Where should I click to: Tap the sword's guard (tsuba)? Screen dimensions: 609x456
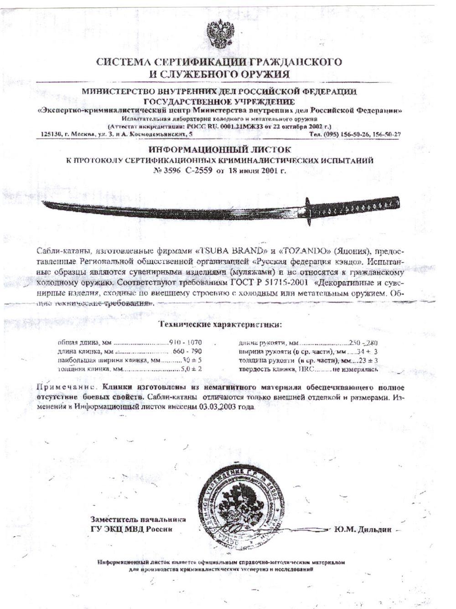pyautogui.click(x=308, y=211)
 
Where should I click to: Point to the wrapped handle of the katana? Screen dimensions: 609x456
pyautogui.click(x=356, y=208)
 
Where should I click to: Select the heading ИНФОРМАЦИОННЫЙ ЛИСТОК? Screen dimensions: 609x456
pyautogui.click(x=220, y=149)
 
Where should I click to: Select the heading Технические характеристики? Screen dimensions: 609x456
pyautogui.click(x=220, y=325)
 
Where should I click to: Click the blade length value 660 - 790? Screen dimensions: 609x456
pyautogui.click(x=187, y=352)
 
